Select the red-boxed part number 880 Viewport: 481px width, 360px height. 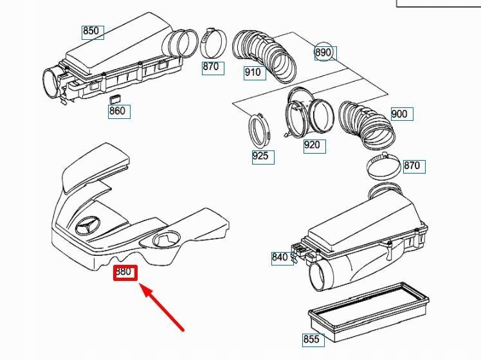[x=123, y=272]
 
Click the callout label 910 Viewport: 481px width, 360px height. [x=253, y=73]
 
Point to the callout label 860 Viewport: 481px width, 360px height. [x=118, y=111]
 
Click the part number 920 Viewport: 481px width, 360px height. [x=313, y=145]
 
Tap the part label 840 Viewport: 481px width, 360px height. [x=280, y=258]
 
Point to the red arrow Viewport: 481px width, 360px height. [x=163, y=309]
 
